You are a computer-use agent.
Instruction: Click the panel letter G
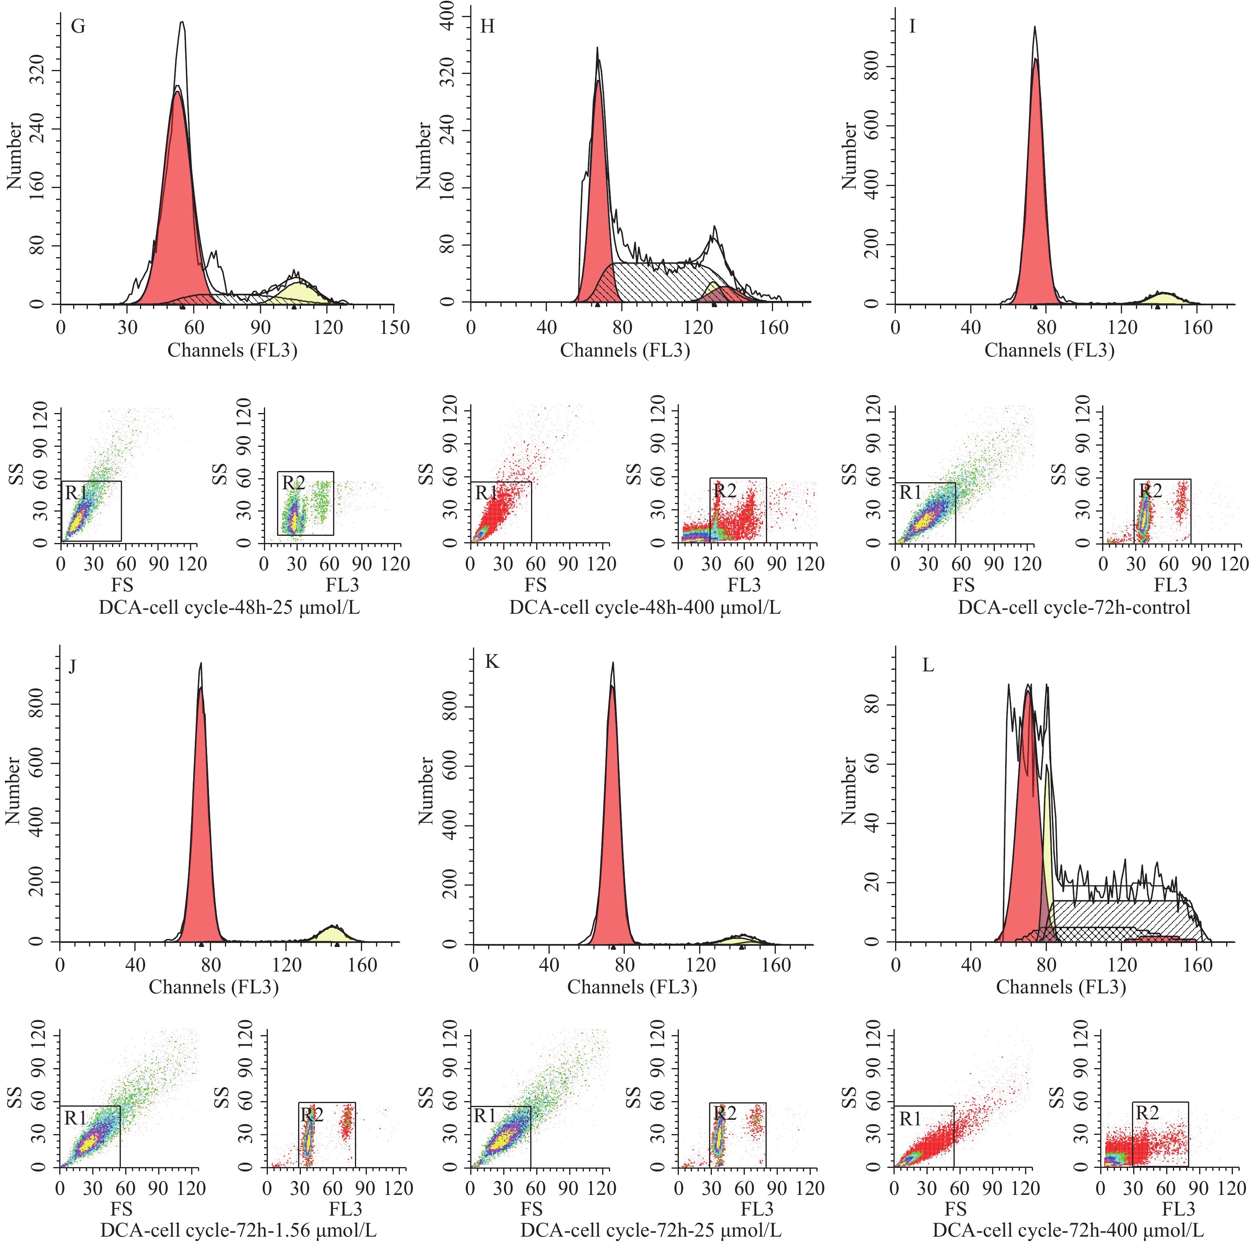pyautogui.click(x=78, y=27)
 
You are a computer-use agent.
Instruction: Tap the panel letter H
pyautogui.click(x=487, y=27)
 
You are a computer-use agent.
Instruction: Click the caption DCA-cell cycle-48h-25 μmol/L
pyautogui.click(x=229, y=608)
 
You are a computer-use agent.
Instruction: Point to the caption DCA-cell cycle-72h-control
pyautogui.click(x=1074, y=608)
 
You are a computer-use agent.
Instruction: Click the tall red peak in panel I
pyautogui.click(x=1035, y=194)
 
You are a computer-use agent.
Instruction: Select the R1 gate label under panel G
pyautogui.click(x=76, y=493)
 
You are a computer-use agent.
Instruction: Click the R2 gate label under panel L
pyautogui.click(x=1147, y=1113)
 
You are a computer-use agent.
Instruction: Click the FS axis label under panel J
pyautogui.click(x=122, y=1209)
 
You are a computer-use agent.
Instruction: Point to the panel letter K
pyautogui.click(x=492, y=662)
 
